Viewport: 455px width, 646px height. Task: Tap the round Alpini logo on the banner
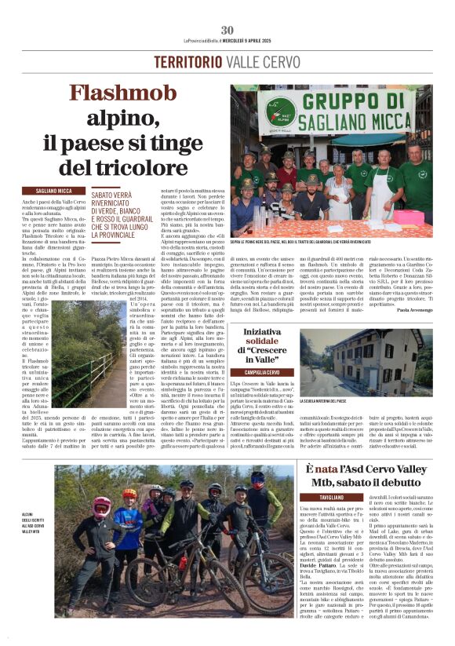[281, 108]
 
